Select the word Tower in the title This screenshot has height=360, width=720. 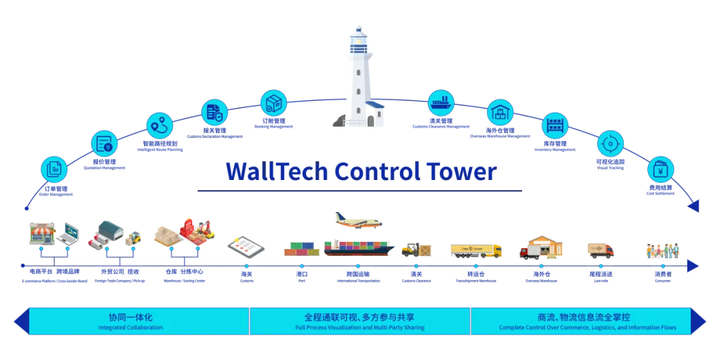[464, 171]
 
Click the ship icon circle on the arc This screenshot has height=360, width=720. [441, 103]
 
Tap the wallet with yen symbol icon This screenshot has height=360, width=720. [661, 169]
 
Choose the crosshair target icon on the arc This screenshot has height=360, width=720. [610, 143]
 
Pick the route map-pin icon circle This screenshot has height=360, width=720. [159, 126]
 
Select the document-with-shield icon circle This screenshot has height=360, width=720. [215, 111]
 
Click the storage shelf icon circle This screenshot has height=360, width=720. [555, 125]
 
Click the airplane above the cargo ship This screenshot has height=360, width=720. [361, 221]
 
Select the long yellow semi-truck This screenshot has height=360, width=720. [475, 251]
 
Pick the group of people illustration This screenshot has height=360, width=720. [663, 251]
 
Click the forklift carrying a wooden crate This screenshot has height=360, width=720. [417, 251]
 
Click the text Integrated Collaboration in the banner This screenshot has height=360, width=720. [130, 328]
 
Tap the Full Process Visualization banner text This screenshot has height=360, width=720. [360, 328]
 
